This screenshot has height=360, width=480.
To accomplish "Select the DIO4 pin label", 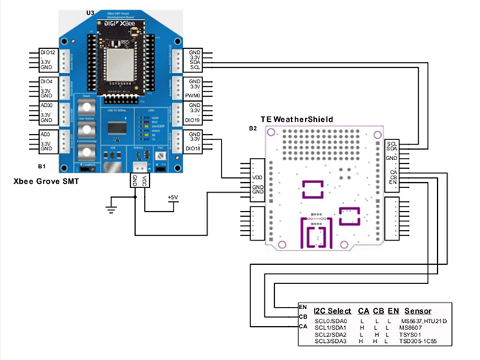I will pos(45,80).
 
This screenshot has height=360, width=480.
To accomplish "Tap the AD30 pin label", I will pos(45,107).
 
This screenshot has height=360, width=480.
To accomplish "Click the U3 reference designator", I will pos(90,13).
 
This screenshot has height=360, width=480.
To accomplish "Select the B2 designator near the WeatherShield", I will pos(253,128).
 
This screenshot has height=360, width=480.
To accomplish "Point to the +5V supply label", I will pos(172,198).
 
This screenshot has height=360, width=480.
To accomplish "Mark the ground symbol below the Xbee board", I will pos(112,210).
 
